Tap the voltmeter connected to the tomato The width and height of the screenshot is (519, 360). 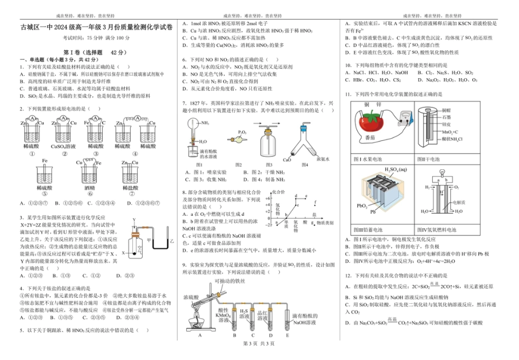(403, 116)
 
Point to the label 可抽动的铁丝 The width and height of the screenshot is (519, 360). (229, 281)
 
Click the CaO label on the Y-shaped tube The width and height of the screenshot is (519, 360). (286, 160)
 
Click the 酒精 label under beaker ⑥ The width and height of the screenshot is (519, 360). (90, 187)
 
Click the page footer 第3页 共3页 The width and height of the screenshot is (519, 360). (259, 343)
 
